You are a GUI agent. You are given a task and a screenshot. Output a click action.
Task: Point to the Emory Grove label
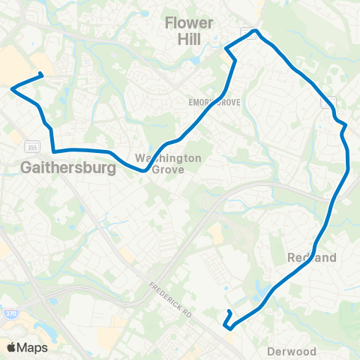(x=214, y=102)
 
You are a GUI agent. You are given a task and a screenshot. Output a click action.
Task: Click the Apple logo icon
(x=12, y=347)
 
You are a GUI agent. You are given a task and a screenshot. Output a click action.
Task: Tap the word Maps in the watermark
(x=34, y=347)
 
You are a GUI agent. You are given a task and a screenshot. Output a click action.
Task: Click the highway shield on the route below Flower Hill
(x=247, y=31)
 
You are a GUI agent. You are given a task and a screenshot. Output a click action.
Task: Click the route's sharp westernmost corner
(x=13, y=88)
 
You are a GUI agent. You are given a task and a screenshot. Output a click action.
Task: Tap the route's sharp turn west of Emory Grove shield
(x=227, y=49)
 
